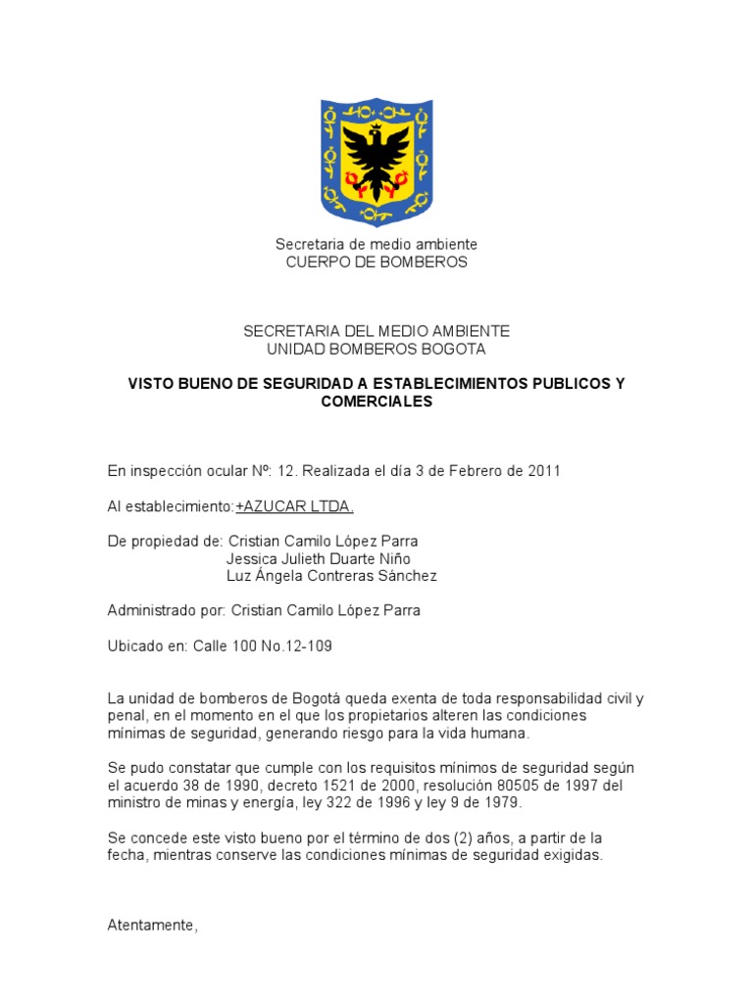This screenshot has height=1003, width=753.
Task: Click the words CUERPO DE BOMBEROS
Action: coord(376,263)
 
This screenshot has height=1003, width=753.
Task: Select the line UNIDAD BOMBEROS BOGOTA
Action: coord(376,350)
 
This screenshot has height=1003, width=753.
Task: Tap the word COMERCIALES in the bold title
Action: coord(376,402)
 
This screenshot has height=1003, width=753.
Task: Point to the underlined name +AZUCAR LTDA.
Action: coord(295,506)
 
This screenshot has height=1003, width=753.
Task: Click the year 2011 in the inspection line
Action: coord(543,471)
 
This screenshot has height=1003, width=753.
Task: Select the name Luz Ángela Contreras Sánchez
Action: coord(331,576)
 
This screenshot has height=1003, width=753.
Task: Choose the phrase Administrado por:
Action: coord(166,611)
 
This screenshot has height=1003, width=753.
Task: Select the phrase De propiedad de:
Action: coord(165,542)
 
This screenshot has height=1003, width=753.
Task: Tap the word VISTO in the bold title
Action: coord(152,384)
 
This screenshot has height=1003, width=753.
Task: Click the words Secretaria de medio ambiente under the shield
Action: coord(376,244)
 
